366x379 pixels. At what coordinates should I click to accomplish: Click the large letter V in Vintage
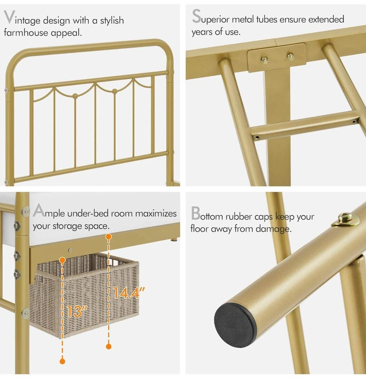click(9, 17)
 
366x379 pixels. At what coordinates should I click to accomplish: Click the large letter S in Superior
click(196, 16)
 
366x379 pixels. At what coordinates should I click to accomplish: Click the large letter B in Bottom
click(196, 213)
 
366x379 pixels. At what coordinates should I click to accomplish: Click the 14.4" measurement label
click(129, 293)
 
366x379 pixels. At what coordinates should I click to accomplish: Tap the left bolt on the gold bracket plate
click(265, 60)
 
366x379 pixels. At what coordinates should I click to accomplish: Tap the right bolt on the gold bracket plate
click(290, 56)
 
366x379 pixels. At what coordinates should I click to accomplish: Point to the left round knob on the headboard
click(75, 96)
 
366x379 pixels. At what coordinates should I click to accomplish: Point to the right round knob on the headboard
click(115, 91)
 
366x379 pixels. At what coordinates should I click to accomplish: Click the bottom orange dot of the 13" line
click(62, 361)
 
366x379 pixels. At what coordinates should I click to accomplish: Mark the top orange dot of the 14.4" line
click(108, 236)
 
